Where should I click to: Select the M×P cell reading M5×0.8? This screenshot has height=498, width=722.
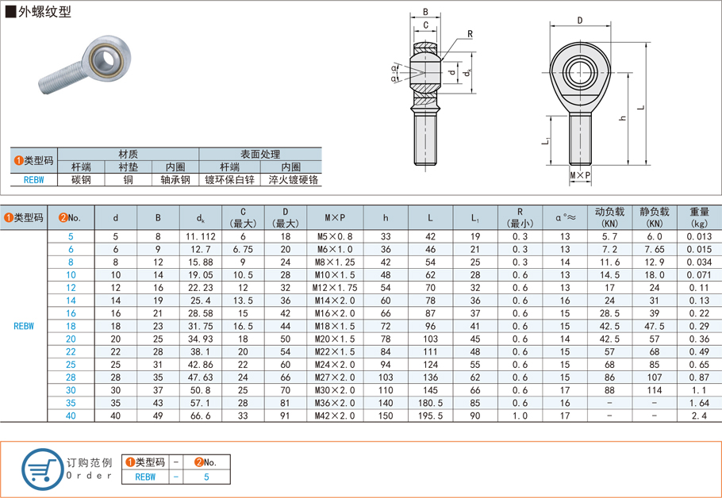click(x=335, y=236)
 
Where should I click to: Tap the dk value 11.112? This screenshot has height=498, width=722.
click(x=200, y=236)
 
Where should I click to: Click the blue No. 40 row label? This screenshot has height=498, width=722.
click(x=71, y=416)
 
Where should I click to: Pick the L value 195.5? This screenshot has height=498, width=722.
click(x=429, y=416)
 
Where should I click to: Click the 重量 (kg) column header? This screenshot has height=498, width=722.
click(x=699, y=216)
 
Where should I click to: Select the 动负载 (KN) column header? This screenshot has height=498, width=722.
click(x=610, y=216)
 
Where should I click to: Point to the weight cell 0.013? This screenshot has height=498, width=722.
click(x=699, y=236)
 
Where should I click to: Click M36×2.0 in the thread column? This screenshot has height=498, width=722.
click(x=335, y=403)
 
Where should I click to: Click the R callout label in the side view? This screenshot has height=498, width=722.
click(x=470, y=34)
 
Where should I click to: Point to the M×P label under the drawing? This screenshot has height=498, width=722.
click(x=580, y=174)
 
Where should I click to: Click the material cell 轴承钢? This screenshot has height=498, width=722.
click(x=174, y=180)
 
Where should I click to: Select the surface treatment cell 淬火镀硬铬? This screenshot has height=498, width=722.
click(x=291, y=180)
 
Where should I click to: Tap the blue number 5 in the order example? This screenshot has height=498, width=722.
click(x=206, y=477)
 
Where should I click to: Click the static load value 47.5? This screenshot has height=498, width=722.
click(x=655, y=326)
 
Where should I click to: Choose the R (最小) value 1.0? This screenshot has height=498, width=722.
click(x=520, y=416)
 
